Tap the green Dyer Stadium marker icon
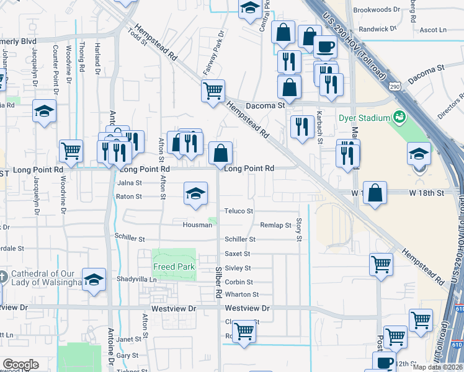399,117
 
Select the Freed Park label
175,267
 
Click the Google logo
20,365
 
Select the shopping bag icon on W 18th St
375,193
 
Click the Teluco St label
239,211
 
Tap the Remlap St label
275,225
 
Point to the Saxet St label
238,254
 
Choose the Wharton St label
241,294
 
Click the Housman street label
197,225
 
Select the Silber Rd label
218,282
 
